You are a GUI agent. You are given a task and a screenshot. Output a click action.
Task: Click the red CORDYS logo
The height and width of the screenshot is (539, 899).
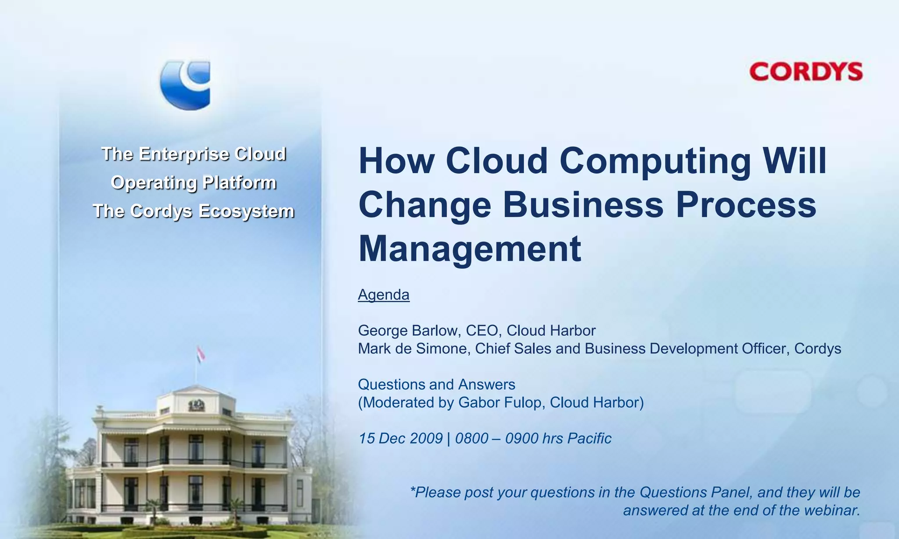[x=806, y=72]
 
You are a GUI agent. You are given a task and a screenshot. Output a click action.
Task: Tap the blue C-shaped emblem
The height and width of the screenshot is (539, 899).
[x=185, y=85]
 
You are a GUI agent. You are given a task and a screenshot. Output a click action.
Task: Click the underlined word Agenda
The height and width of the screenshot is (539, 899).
[x=384, y=295]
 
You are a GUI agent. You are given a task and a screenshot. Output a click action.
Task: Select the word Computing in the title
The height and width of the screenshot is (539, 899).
[x=655, y=161]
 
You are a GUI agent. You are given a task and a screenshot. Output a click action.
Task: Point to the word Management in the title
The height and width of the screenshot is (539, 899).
[x=470, y=249]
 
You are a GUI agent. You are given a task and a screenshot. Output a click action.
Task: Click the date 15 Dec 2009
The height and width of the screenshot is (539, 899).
[x=400, y=438]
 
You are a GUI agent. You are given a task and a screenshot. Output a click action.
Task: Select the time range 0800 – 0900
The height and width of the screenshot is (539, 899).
[x=496, y=438]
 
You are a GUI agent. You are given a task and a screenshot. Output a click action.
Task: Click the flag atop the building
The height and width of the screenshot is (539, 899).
[x=201, y=354]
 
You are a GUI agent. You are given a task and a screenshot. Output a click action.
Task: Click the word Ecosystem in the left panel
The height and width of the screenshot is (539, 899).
[x=246, y=211]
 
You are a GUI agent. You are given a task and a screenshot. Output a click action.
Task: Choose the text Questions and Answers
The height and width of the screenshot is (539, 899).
[x=436, y=385]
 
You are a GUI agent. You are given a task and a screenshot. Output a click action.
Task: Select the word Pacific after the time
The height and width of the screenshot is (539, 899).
[x=589, y=438]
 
